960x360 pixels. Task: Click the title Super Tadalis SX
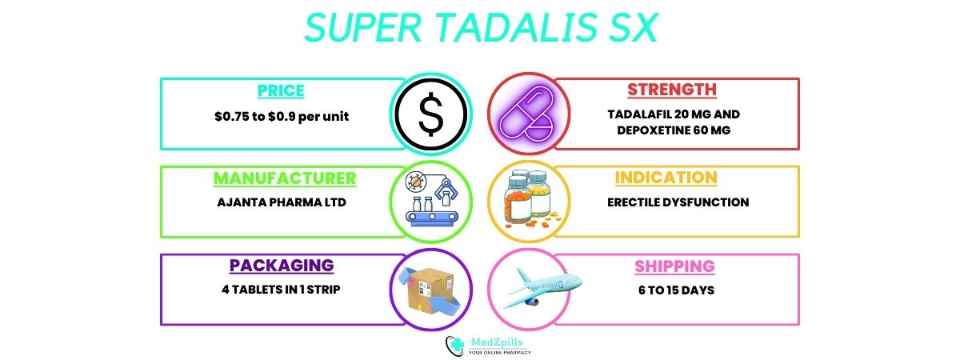point(481,27)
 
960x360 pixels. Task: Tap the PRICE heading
point(281,90)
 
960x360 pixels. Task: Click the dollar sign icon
point(430,114)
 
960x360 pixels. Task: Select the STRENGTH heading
point(671,90)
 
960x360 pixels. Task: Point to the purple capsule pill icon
point(527,114)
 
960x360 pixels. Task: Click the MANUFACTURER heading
point(285,178)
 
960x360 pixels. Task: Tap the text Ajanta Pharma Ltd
point(282,202)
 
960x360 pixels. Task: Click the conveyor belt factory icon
point(431,198)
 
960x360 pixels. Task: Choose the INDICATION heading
point(666,178)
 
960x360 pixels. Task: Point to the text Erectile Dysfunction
point(678,202)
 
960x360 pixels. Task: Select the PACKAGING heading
point(282,266)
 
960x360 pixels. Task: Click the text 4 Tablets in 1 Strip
point(281,290)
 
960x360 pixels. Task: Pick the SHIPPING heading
point(674,266)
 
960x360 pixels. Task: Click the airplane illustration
point(543,287)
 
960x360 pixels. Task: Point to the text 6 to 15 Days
point(676,290)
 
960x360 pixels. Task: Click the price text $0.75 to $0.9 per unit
point(282,117)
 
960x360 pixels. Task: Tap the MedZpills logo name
point(497,342)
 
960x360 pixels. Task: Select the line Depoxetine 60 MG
point(674,130)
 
